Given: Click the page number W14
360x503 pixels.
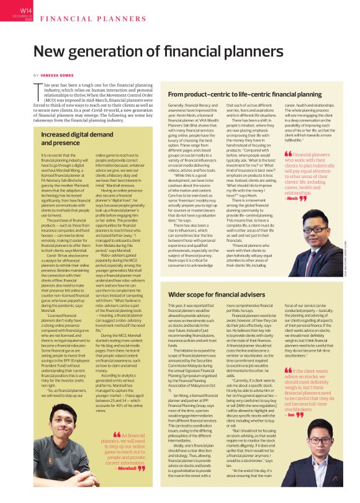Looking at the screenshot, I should coord(26,10).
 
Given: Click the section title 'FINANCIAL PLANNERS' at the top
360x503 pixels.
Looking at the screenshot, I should coord(78,19).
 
